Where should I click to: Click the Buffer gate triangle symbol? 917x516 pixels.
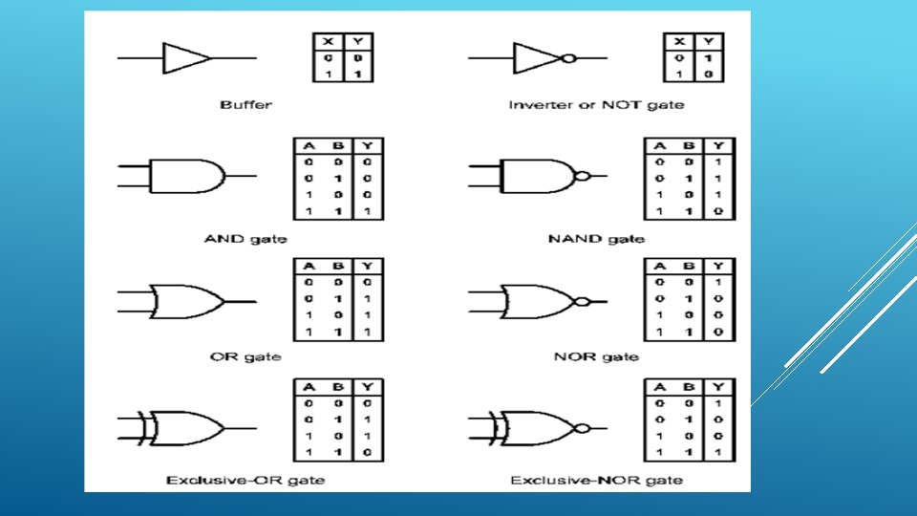185,57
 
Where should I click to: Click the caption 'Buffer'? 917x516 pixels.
245,104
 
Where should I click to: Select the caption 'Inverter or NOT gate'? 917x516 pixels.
596,104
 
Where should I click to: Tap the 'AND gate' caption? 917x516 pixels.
245,238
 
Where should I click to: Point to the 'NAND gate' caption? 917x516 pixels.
596,238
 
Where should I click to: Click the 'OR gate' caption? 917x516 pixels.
245,356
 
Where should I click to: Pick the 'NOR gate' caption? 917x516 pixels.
596,356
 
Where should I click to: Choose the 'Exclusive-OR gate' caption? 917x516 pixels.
245,479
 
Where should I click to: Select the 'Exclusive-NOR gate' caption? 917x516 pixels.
596,479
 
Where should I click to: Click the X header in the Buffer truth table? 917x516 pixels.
329,41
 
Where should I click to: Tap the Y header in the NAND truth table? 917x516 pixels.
719,146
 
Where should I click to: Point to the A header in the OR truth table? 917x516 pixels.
309,266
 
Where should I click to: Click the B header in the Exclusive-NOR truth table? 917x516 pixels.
689,387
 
